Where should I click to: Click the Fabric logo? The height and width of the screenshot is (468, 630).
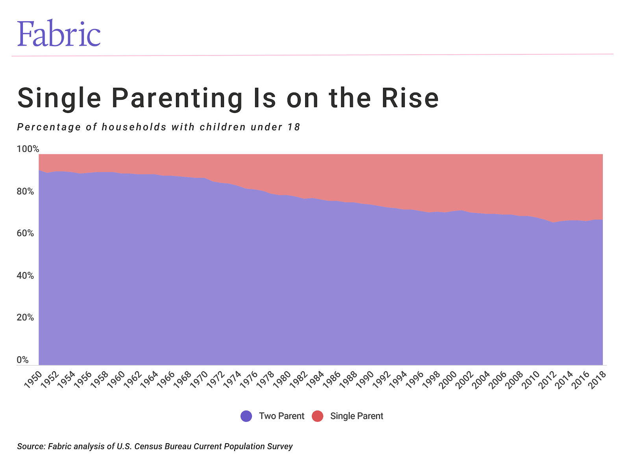(59, 33)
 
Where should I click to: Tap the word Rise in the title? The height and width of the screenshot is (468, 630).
(410, 98)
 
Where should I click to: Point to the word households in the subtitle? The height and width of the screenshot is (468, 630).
(134, 127)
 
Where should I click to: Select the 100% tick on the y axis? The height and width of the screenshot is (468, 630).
(28, 149)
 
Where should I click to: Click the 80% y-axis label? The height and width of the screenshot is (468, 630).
(25, 191)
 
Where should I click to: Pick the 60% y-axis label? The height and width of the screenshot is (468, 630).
(25, 233)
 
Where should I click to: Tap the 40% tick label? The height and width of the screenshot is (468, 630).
(25, 276)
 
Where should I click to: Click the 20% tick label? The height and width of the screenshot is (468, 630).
(25, 317)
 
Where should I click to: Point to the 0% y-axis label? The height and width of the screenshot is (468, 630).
(23, 360)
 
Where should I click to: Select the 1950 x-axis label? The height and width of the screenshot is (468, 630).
(33, 379)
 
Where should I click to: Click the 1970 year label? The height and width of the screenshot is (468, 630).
(199, 379)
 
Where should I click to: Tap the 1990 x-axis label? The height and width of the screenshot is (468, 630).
(365, 379)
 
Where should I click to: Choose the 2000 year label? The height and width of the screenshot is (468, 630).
(448, 379)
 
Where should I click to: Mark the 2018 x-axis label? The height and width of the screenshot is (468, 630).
(597, 379)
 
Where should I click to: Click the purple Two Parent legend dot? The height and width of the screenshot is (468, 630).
(246, 416)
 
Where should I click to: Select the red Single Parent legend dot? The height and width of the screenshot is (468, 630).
(317, 416)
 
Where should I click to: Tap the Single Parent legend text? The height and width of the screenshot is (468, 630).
(356, 416)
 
